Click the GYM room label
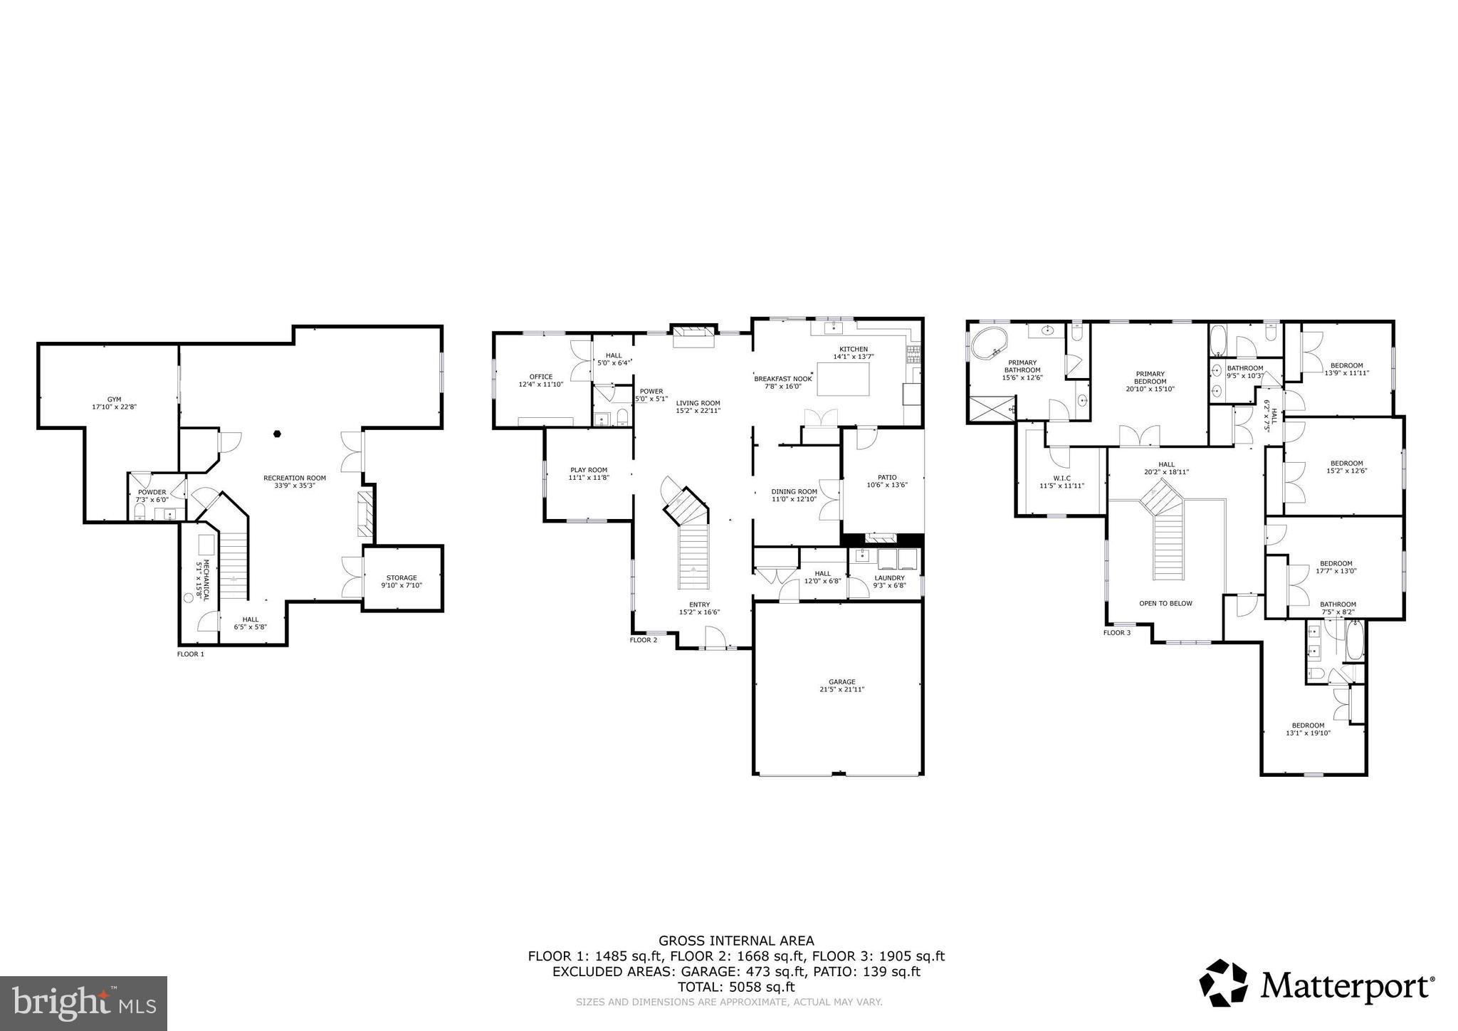tap(115, 399)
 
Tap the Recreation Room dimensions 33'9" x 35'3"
tap(294, 486)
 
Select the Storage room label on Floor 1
tap(402, 577)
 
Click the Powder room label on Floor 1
tap(152, 492)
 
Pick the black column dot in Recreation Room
tap(278, 433)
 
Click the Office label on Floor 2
tap(540, 377)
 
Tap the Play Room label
tap(588, 469)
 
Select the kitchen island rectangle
tap(844, 379)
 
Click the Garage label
tap(841, 681)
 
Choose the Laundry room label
tap(889, 577)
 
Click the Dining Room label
tap(794, 491)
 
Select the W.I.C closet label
tap(1061, 478)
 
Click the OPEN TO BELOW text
tap(1165, 603)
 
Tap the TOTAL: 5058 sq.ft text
tap(735, 987)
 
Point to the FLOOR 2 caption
tap(643, 639)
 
